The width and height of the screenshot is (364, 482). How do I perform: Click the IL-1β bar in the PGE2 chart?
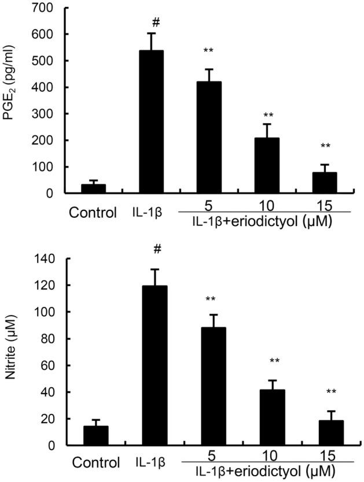150,122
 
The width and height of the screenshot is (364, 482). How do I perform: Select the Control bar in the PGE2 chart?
93,189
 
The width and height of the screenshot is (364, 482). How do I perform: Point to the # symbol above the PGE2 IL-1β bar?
155,21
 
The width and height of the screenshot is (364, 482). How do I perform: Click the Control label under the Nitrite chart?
96,463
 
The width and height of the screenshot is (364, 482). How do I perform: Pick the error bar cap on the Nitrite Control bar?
96,420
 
